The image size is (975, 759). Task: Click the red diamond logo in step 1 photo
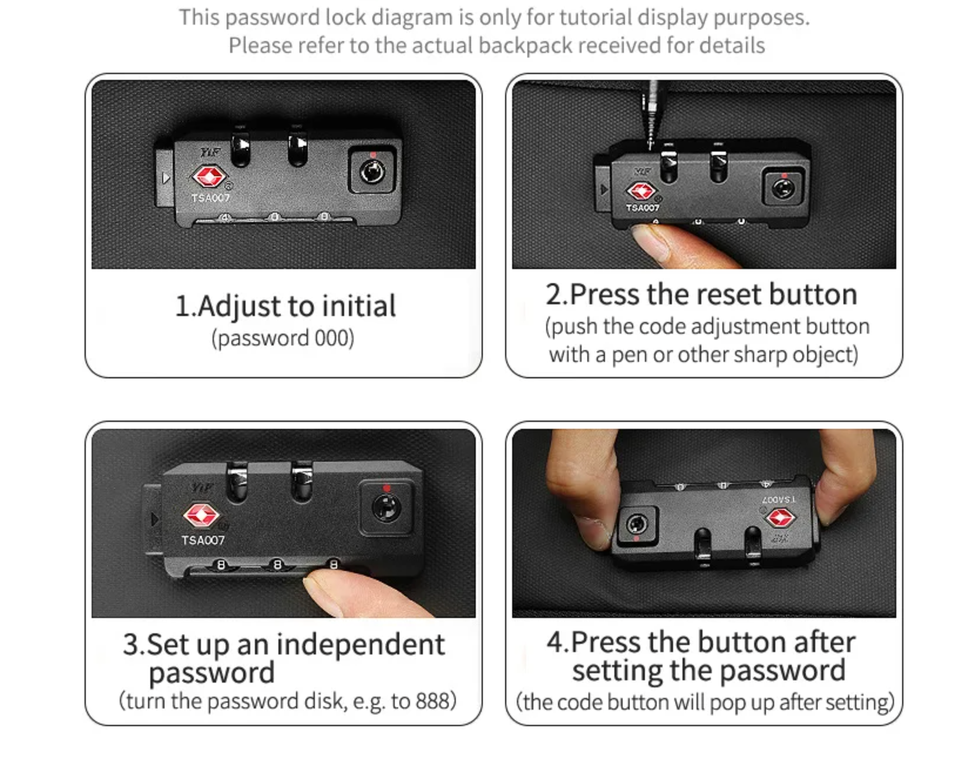coord(209,176)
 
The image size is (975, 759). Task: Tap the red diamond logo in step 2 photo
coord(641,191)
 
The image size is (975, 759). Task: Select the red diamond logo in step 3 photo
coord(201,515)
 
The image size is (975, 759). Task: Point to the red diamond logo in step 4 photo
coord(780,518)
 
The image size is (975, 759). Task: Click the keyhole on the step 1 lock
coord(372,172)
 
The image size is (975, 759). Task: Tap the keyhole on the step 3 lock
coord(386,508)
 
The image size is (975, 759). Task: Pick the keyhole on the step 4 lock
coord(637,523)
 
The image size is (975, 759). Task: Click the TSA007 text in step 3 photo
coord(203,540)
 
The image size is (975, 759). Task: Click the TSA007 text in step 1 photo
coord(210,197)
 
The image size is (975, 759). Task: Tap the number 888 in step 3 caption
coord(432,701)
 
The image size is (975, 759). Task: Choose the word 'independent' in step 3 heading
coord(361,644)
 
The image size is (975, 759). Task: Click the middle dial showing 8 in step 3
coord(277,565)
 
